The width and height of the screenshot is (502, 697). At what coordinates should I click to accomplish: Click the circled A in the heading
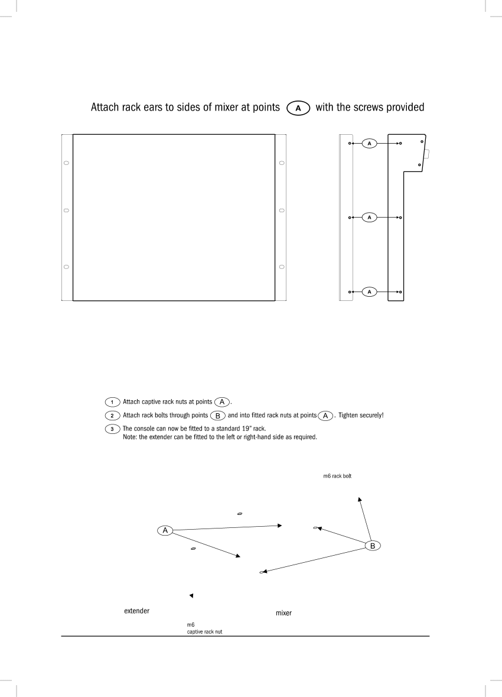pyautogui.click(x=298, y=108)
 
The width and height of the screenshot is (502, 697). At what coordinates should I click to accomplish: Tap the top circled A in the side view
pyautogui.click(x=369, y=143)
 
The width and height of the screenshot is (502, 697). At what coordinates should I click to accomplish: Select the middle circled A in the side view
pyautogui.click(x=369, y=218)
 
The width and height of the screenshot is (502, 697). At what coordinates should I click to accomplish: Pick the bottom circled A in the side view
pyautogui.click(x=369, y=291)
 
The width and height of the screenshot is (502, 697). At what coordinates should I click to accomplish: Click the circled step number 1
pyautogui.click(x=112, y=402)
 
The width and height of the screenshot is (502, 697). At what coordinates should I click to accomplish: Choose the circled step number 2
pyautogui.click(x=112, y=415)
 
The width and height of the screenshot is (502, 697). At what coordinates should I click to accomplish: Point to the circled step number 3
pyautogui.click(x=112, y=429)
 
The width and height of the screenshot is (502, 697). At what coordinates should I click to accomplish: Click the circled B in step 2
pyautogui.click(x=218, y=416)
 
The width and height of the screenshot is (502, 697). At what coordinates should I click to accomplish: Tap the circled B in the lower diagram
pyautogui.click(x=373, y=546)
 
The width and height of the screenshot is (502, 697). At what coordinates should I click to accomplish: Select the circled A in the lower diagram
pyautogui.click(x=165, y=530)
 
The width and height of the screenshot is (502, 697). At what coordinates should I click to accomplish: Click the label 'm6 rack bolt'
pyautogui.click(x=337, y=476)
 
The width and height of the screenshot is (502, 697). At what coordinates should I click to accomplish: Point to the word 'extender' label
pyautogui.click(x=137, y=611)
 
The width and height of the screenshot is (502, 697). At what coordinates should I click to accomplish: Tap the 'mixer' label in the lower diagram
pyautogui.click(x=283, y=613)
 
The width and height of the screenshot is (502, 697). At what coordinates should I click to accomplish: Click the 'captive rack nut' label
pyautogui.click(x=204, y=631)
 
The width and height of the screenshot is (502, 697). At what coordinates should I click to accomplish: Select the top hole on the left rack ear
pyautogui.click(x=66, y=163)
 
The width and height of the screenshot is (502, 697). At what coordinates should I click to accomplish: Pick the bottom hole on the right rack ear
pyautogui.click(x=282, y=267)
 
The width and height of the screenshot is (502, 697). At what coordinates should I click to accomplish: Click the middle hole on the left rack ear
pyautogui.click(x=66, y=210)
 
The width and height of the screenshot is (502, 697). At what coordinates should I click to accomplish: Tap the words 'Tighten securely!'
pyautogui.click(x=361, y=415)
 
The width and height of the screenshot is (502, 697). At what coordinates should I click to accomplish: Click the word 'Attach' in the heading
pyautogui.click(x=105, y=107)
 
